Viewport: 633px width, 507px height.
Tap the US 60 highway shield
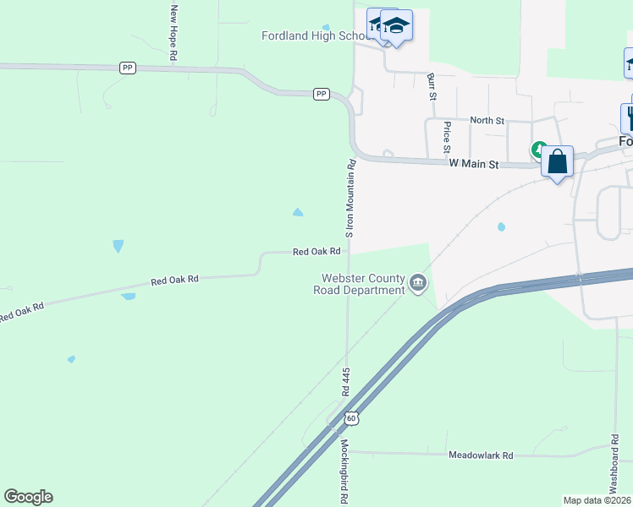pyautogui.click(x=352, y=417)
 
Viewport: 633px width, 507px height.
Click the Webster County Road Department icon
pyautogui.click(x=417, y=282)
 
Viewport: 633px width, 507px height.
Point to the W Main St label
pyautogui.click(x=474, y=163)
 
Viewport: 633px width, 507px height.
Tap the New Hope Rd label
pyautogui.click(x=173, y=31)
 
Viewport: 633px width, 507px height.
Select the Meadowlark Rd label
pyautogui.click(x=481, y=455)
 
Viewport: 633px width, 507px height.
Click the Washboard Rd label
pyautogui.click(x=614, y=465)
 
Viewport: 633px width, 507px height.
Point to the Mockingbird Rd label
pyautogui.click(x=345, y=472)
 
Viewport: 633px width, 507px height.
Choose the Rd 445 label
pyautogui.click(x=346, y=382)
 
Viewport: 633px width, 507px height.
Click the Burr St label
pyautogui.click(x=432, y=86)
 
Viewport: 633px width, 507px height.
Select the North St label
pyautogui.click(x=487, y=121)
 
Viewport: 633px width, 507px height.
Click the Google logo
pyautogui.click(x=28, y=497)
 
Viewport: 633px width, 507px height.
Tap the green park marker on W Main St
pyautogui.click(x=538, y=150)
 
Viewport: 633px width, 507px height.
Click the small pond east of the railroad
pyautogui.click(x=501, y=226)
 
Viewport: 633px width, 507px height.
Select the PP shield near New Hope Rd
pyautogui.click(x=128, y=68)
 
